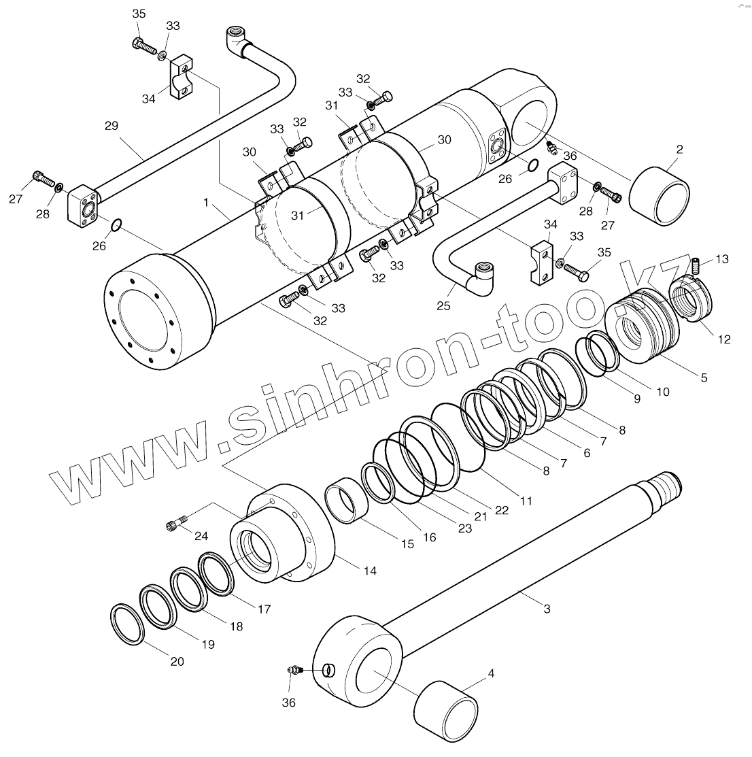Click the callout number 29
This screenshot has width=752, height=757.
(x=112, y=126)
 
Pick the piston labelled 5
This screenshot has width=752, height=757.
(x=643, y=320)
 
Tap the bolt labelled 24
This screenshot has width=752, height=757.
(x=173, y=524)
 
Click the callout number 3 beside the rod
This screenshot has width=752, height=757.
(x=547, y=609)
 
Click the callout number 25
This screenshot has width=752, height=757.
(x=443, y=306)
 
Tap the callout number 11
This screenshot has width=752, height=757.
(x=526, y=501)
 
